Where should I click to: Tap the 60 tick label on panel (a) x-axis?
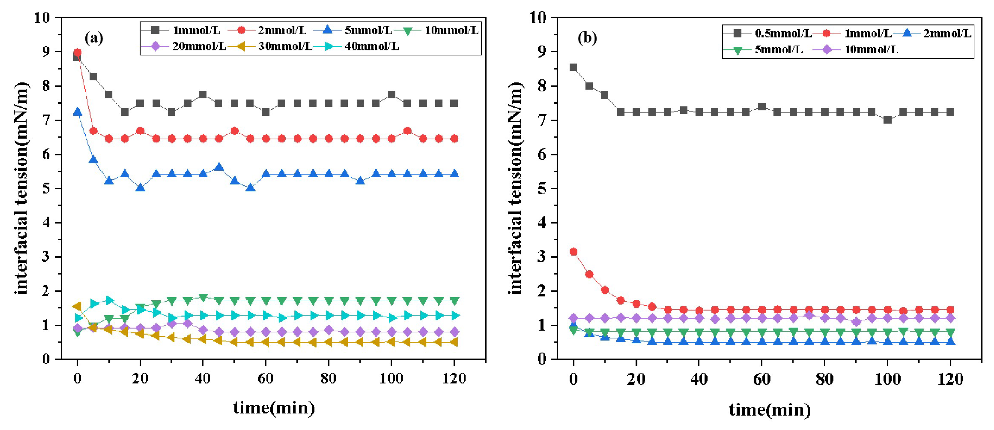pyautogui.click(x=266, y=378)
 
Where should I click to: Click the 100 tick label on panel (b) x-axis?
pyautogui.click(x=887, y=379)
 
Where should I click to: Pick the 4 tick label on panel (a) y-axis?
pyautogui.click(x=46, y=223)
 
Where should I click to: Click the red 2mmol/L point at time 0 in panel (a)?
pyautogui.click(x=78, y=53)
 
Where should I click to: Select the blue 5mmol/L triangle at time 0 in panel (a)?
pyautogui.click(x=78, y=112)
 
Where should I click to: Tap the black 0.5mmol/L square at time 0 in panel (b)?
pyautogui.click(x=573, y=67)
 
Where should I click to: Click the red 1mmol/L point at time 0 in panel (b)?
pyautogui.click(x=573, y=252)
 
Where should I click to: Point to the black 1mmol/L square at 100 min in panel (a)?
pyautogui.click(x=391, y=95)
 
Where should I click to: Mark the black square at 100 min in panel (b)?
pyautogui.click(x=887, y=120)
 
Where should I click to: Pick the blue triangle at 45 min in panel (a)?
pyautogui.click(x=219, y=167)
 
